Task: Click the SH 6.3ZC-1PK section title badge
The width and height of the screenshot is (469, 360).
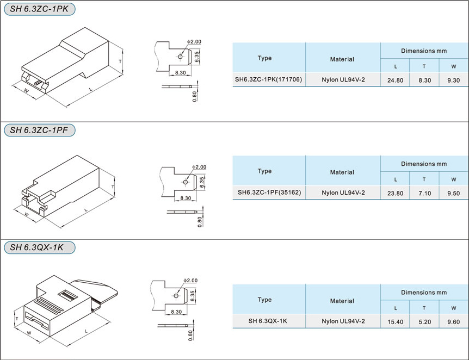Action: tap(40, 9)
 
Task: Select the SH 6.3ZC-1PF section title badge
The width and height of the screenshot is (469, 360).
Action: tap(40, 130)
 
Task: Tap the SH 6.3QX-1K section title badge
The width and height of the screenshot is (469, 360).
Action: tap(40, 247)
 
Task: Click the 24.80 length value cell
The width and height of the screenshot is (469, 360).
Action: tap(395, 80)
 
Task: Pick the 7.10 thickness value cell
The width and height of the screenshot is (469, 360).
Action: tap(424, 193)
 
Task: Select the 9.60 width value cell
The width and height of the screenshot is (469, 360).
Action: tap(453, 322)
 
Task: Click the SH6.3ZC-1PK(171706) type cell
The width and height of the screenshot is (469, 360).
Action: tap(268, 79)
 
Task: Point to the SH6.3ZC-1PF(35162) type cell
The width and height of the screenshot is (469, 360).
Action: tap(269, 193)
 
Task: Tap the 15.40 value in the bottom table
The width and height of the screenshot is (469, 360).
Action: tap(395, 322)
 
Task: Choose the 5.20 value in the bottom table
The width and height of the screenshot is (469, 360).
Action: tap(424, 322)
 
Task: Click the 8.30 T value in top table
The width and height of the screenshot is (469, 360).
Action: tap(424, 80)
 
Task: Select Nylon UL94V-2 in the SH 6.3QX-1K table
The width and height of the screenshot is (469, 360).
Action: tap(343, 321)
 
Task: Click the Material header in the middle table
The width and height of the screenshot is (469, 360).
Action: tap(342, 172)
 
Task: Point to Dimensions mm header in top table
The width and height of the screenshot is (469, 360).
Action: tap(424, 51)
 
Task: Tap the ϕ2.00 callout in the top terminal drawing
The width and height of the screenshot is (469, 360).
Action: tap(194, 41)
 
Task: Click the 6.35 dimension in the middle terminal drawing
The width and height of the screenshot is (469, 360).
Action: tap(202, 182)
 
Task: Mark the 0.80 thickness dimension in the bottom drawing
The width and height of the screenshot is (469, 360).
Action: tap(190, 336)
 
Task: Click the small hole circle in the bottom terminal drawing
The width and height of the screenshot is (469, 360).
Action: tap(176, 296)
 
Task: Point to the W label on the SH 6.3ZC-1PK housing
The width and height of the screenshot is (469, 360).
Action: tap(26, 90)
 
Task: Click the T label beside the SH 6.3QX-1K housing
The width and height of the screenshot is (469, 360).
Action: tap(17, 319)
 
